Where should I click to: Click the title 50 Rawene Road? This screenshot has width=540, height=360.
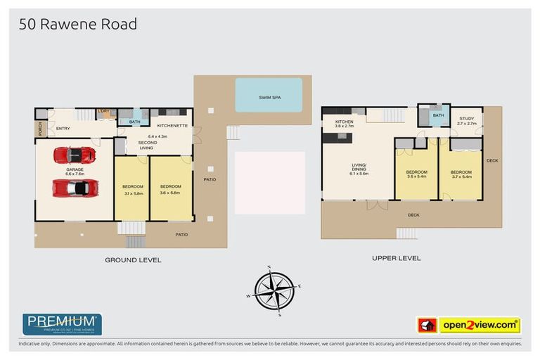[78, 25]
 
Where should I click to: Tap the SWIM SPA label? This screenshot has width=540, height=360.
[269, 97]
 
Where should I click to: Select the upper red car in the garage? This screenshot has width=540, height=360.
[74, 155]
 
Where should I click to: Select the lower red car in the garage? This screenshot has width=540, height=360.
[75, 188]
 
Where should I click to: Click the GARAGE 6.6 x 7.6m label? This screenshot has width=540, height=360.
[75, 171]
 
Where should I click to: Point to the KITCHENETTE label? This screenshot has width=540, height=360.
[172, 126]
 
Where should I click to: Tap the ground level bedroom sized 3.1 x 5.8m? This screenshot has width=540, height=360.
[133, 189]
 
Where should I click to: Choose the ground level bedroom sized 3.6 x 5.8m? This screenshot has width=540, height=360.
[171, 189]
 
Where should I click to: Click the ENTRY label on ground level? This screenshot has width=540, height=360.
[63, 128]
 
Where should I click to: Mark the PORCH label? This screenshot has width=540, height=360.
[40, 129]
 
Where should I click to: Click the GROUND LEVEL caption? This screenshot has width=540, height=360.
[133, 260]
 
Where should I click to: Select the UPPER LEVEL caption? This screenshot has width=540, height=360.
[397, 258]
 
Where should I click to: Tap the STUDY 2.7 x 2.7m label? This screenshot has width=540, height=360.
[467, 121]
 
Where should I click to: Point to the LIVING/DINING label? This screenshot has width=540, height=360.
[359, 169]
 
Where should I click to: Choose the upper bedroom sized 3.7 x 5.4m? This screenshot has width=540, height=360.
[461, 174]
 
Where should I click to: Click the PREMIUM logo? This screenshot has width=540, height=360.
[63, 324]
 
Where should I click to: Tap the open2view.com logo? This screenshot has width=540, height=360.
[479, 325]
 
